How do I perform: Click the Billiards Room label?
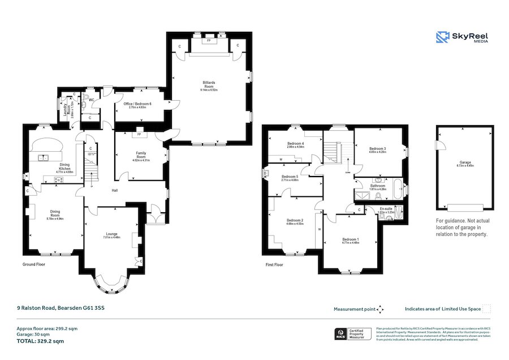point(209,84)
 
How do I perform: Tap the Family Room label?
point(140,155)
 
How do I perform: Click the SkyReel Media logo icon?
point(442,37)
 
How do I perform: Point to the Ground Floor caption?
point(33,264)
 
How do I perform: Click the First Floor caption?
point(274,264)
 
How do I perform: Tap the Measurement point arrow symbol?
point(380,309)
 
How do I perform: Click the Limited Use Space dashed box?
point(486,308)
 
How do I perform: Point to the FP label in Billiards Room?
point(209,41)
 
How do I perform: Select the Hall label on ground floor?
point(115,191)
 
